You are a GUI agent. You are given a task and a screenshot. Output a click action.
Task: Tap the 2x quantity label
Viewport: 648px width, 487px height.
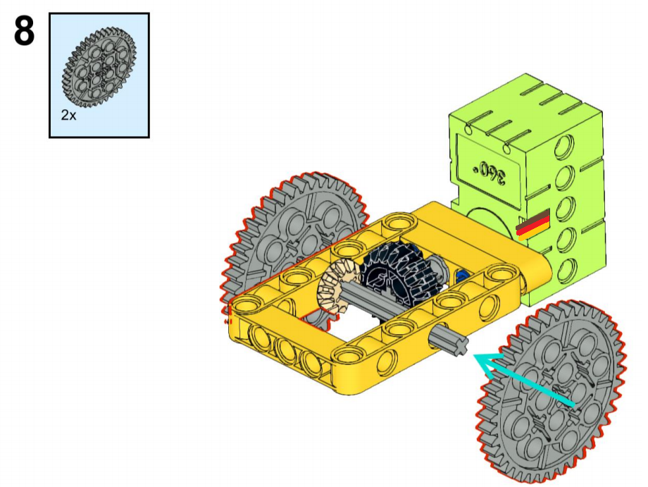click(68, 115)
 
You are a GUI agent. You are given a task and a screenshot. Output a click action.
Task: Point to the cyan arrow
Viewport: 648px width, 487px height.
click(524, 381)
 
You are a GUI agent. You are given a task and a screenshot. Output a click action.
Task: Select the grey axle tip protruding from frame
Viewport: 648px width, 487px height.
click(449, 343)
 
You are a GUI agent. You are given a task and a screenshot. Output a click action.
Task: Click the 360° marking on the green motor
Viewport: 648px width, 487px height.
click(490, 171)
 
